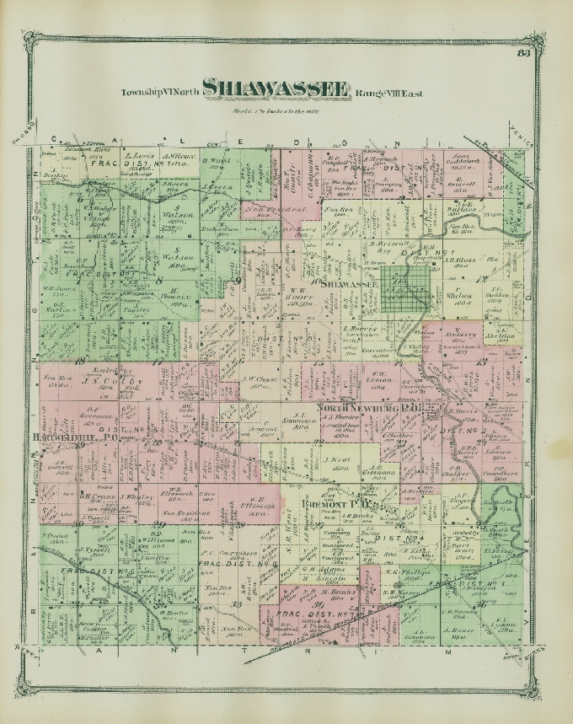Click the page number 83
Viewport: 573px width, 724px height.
click(523, 56)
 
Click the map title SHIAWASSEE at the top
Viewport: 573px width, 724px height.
click(276, 89)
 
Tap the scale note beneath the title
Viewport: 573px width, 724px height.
click(278, 110)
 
